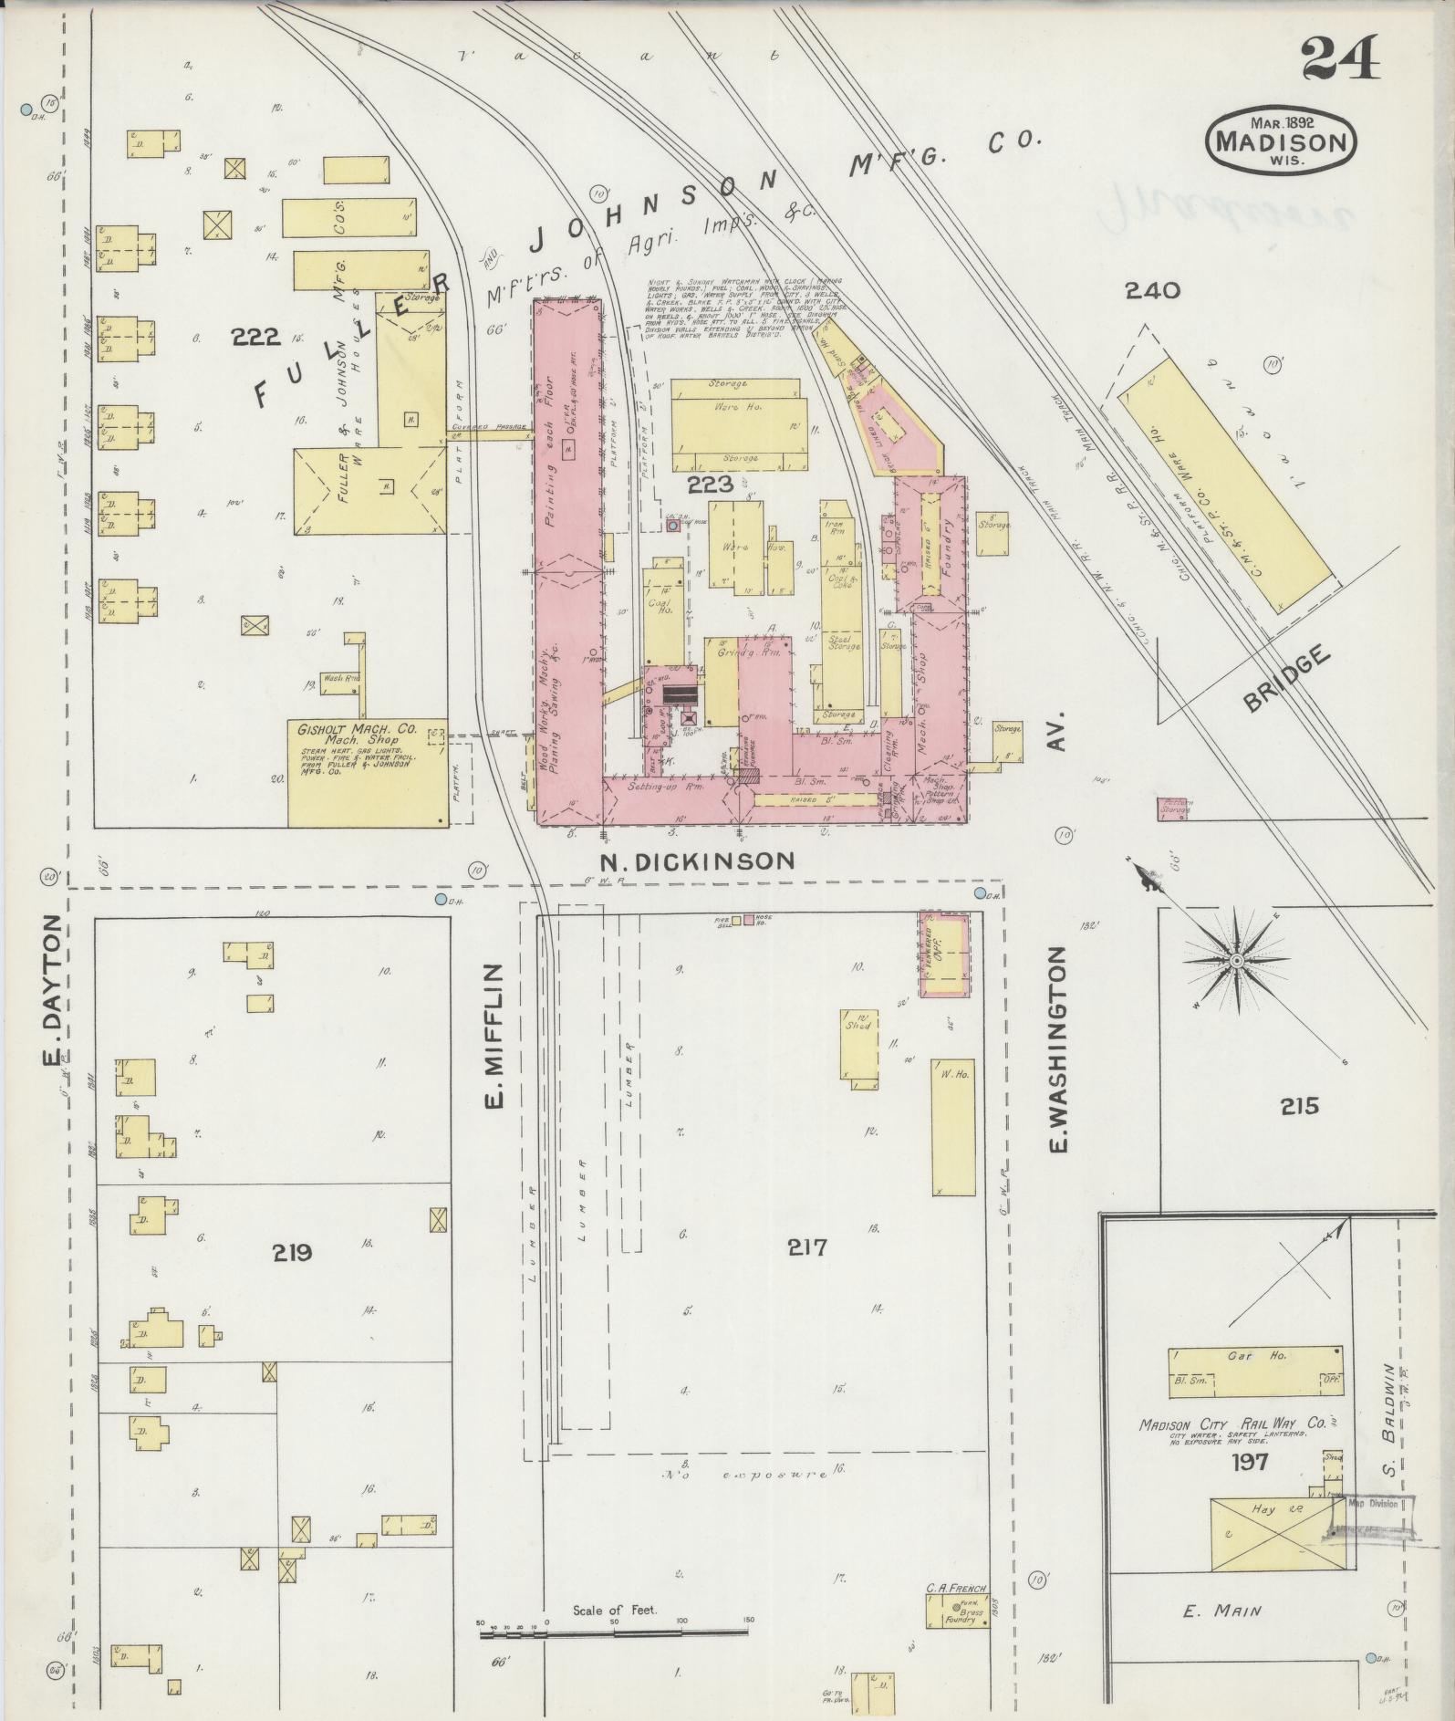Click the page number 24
[x=1338, y=60]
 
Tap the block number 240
[x=1152, y=291]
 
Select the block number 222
[x=255, y=338]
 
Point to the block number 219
[x=291, y=1253]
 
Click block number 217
[x=808, y=1247]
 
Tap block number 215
[x=1298, y=1107]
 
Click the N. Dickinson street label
[x=697, y=860]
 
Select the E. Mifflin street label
[x=494, y=1036]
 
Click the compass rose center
[x=1236, y=961]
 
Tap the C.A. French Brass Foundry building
[x=956, y=1614]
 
